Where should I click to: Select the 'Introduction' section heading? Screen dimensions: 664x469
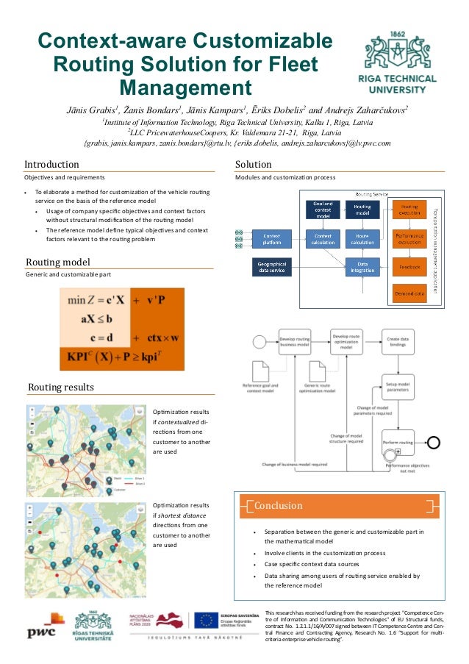(52, 164)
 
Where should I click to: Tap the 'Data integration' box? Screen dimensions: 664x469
(362, 267)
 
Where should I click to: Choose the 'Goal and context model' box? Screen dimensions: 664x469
(322, 209)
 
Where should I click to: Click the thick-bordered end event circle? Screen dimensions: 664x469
(436, 442)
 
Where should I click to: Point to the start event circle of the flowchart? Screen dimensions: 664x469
(258, 342)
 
